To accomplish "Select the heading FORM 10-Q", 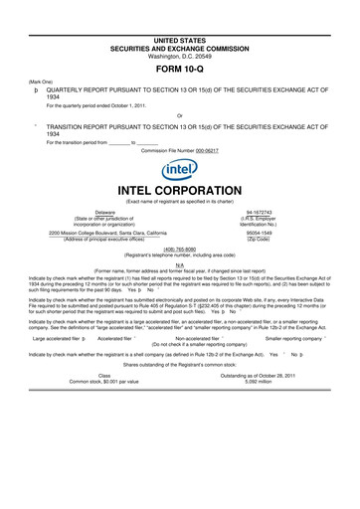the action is [x=180, y=70].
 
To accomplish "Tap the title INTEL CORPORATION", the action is [x=180, y=189].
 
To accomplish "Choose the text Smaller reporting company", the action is [x=292, y=338].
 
